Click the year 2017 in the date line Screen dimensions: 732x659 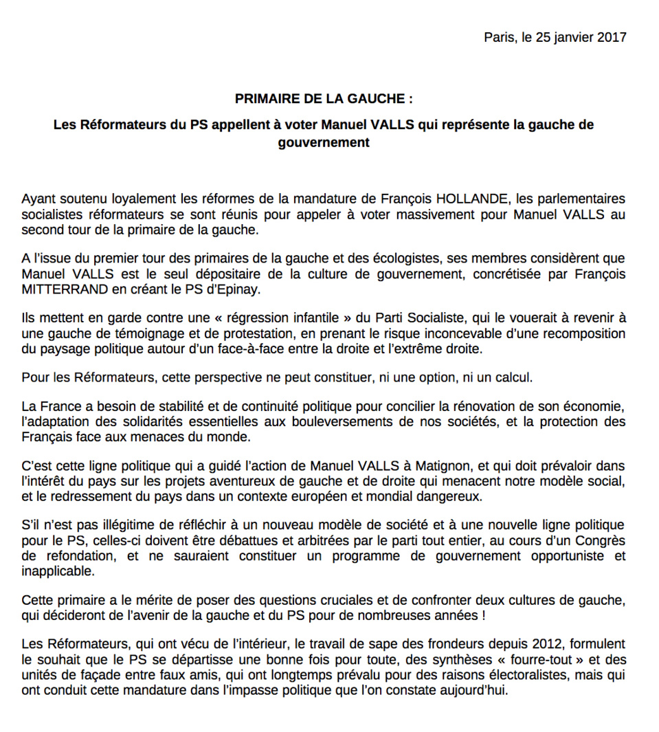tap(612, 37)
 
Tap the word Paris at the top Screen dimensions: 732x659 tap(498, 37)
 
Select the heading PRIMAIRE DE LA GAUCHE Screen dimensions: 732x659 tap(324, 99)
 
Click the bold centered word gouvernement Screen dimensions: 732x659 tap(324, 143)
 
